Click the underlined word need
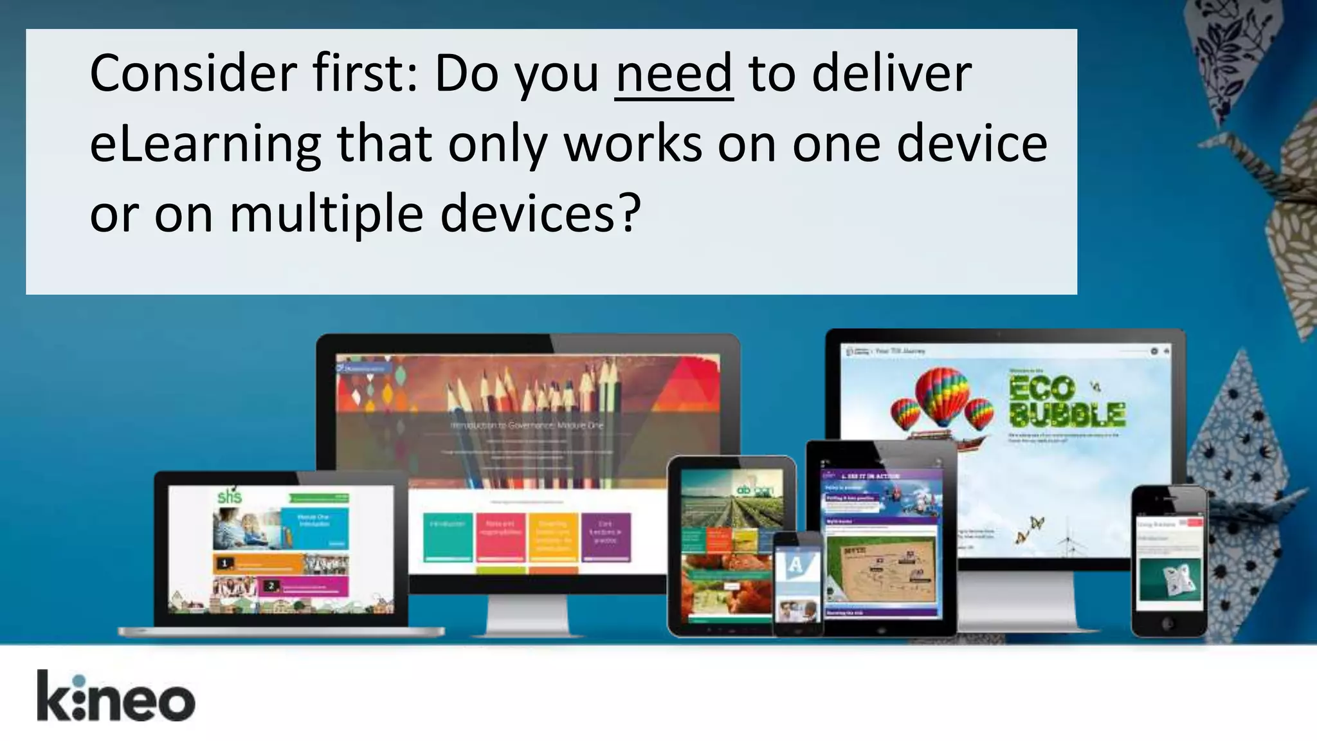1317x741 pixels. click(673, 74)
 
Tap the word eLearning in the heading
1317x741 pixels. click(205, 145)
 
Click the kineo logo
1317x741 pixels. click(116, 696)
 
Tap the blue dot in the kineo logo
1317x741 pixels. click(78, 681)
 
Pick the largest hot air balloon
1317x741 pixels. click(942, 395)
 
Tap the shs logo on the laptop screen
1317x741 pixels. click(230, 496)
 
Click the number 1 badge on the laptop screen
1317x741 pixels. click(224, 563)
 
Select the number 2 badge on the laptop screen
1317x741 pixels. click(271, 585)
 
